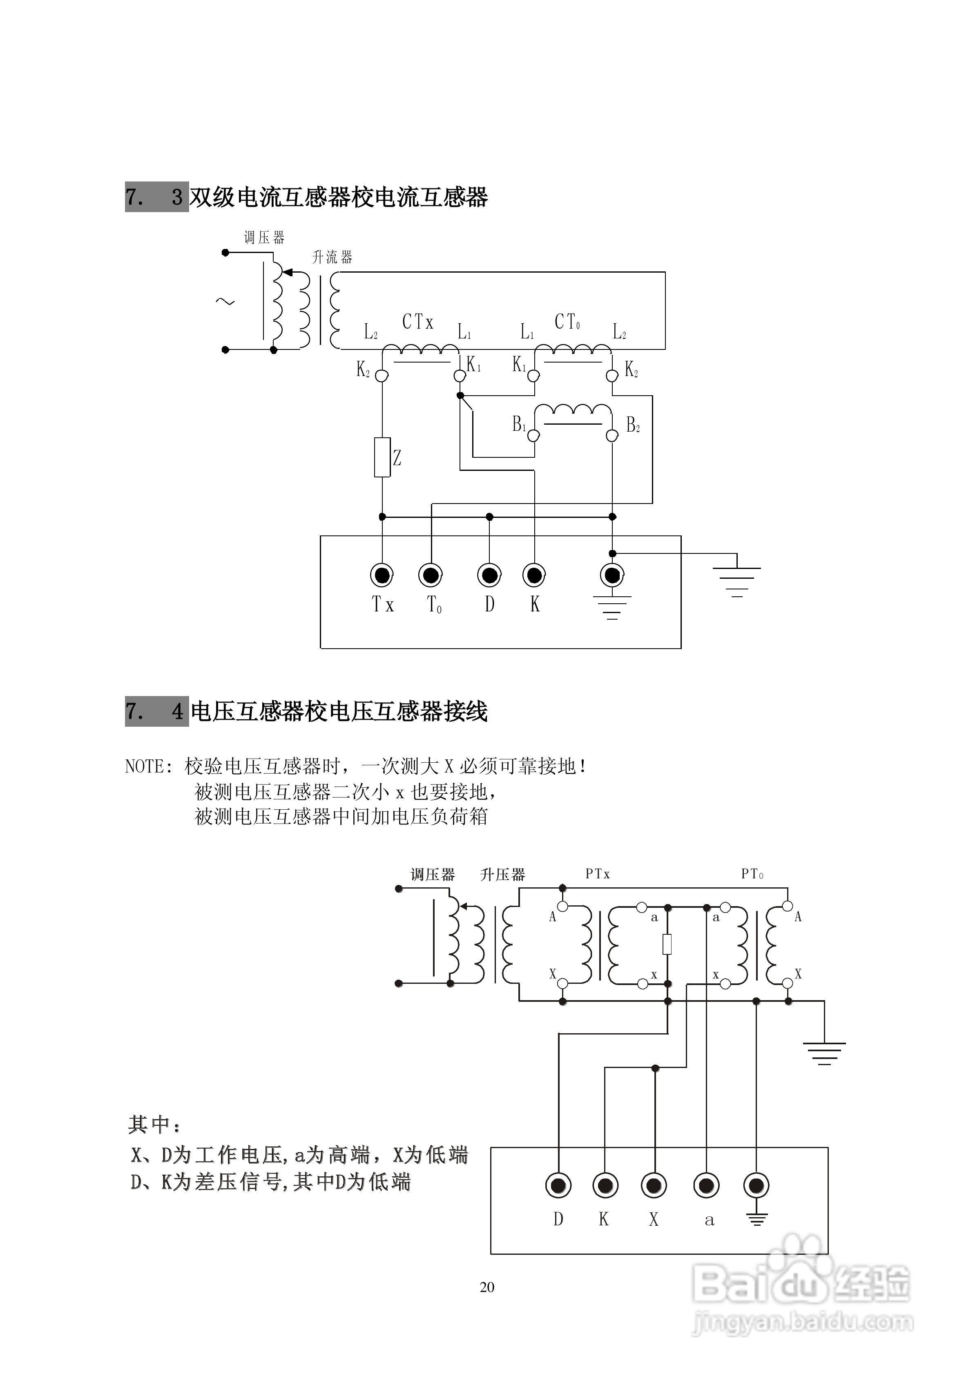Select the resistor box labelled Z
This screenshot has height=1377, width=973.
382,458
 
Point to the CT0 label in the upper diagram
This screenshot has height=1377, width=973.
567,322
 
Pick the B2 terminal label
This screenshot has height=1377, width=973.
632,425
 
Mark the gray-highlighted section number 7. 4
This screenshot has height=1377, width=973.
156,712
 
